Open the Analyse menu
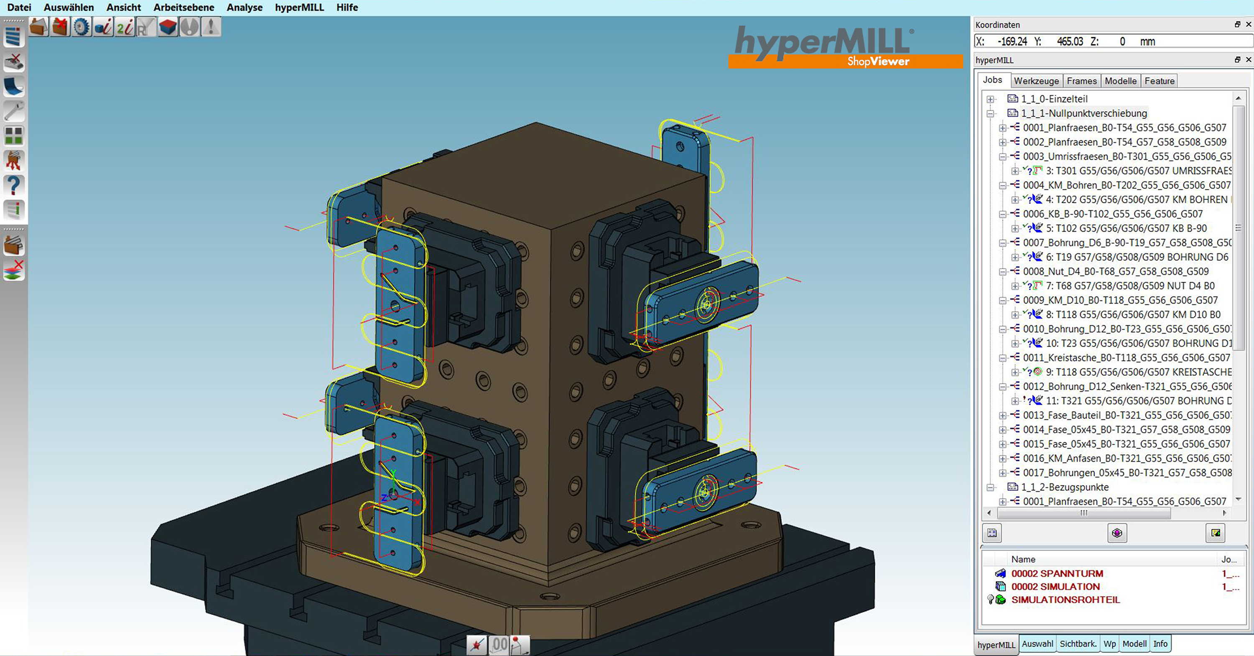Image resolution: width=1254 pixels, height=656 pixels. [x=245, y=7]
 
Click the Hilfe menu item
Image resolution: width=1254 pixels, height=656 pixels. [x=347, y=7]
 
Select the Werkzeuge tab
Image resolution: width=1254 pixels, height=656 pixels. [x=1036, y=81]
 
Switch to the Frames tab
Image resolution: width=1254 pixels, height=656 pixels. [x=1081, y=81]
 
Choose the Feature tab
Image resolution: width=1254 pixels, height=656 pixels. [x=1159, y=81]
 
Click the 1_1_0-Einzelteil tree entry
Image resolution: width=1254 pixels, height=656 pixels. [x=1054, y=99]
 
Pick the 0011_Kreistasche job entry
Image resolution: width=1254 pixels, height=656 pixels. [x=1126, y=357]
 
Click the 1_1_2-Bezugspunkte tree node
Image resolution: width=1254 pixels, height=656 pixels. [x=1064, y=487]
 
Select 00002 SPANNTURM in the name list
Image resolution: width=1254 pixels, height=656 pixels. [x=1057, y=573]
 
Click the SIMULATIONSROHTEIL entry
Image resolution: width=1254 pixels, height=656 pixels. [x=1065, y=600]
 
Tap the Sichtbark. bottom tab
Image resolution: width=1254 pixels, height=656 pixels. [x=1078, y=644]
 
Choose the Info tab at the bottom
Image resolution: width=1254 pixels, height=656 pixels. [x=1160, y=644]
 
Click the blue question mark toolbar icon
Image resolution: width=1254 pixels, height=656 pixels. [x=14, y=186]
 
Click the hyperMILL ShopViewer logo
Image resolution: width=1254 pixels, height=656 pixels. [x=845, y=47]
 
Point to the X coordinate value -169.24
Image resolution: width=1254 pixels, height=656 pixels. [x=1012, y=42]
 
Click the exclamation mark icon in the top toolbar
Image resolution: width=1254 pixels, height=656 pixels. [x=211, y=27]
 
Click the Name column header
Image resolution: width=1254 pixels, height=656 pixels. [x=1023, y=559]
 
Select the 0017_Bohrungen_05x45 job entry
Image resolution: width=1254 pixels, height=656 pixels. [x=1127, y=472]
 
